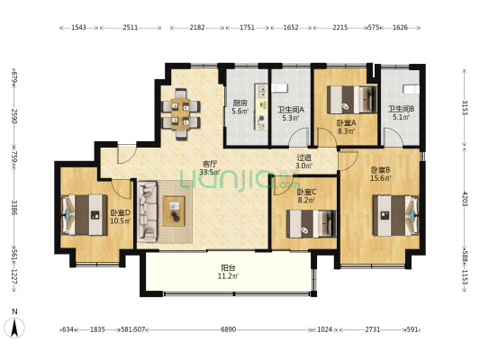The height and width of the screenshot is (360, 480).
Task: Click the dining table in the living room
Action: point(181,113)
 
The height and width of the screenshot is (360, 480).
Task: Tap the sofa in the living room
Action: point(148,211)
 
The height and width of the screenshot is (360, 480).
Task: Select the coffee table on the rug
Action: point(174,211)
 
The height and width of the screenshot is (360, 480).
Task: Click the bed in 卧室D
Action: point(85,215)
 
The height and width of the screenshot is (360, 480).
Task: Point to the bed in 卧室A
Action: point(352,100)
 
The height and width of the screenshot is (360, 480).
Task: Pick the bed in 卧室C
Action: point(311,223)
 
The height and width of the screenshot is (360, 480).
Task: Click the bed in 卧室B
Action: point(396,215)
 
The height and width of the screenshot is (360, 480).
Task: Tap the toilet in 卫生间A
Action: point(279,88)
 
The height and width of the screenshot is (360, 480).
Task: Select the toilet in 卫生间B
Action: point(412,89)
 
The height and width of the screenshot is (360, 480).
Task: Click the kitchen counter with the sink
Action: point(262,107)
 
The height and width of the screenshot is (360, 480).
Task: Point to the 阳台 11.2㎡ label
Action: point(229,272)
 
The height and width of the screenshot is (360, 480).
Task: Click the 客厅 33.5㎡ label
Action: point(210,168)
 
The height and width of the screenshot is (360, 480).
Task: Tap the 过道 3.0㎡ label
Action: point(304,162)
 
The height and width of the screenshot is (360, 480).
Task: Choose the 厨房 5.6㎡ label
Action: point(240,107)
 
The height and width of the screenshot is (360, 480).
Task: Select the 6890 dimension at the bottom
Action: point(229,329)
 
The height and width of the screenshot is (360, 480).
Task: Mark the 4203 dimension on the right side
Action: point(465,199)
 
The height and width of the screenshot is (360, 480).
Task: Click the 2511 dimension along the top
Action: point(130,28)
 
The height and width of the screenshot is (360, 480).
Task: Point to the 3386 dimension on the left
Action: point(14,207)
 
